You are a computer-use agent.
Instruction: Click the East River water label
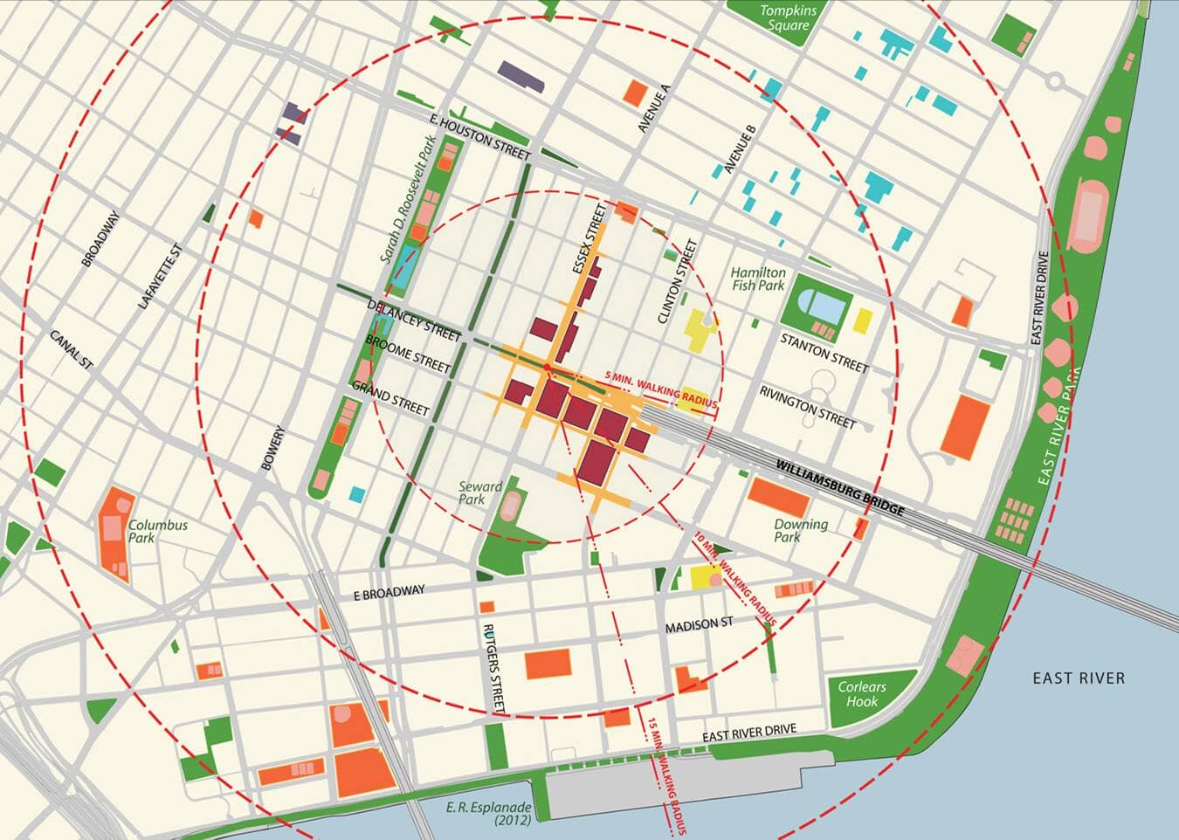coord(1078,678)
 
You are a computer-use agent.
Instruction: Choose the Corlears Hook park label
coord(861,693)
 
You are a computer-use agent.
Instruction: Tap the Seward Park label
coord(480,493)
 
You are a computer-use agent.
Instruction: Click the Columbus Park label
coord(158,531)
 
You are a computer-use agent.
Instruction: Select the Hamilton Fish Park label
coord(758,279)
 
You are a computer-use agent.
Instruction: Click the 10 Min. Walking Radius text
coord(735,578)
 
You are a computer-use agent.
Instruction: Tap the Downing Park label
coord(800,530)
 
